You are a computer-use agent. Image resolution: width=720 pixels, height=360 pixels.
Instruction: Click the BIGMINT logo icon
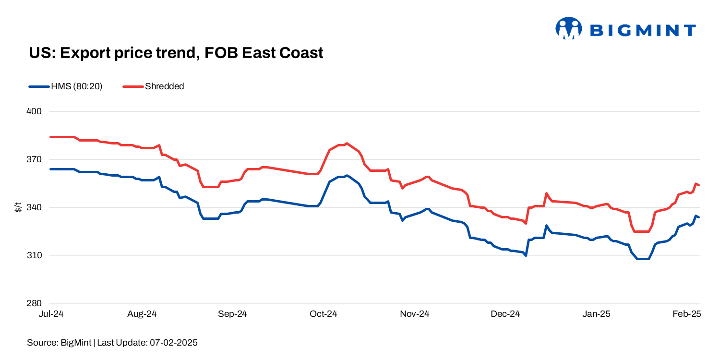pyautogui.click(x=568, y=28)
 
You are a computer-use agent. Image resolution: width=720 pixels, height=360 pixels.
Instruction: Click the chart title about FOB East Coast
pyautogui.click(x=176, y=53)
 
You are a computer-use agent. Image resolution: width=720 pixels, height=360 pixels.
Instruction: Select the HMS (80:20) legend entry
pyautogui.click(x=66, y=86)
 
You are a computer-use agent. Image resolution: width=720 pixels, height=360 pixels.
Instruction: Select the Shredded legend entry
pyautogui.click(x=154, y=86)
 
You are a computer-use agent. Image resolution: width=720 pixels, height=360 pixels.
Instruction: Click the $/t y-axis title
pyautogui.click(x=18, y=207)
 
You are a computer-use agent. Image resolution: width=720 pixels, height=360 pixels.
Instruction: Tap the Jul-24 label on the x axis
pyautogui.click(x=50, y=314)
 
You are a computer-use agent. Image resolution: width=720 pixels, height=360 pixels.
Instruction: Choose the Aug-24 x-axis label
pyautogui.click(x=143, y=314)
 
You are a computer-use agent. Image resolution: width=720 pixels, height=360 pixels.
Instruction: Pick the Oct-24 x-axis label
pyautogui.click(x=324, y=314)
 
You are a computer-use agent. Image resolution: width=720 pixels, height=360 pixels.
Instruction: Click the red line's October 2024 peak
pyautogui.click(x=347, y=143)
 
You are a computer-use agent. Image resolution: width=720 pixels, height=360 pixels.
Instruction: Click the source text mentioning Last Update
pyautogui.click(x=112, y=343)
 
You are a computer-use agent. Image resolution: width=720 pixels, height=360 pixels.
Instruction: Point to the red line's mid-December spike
pyautogui.click(x=546, y=193)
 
